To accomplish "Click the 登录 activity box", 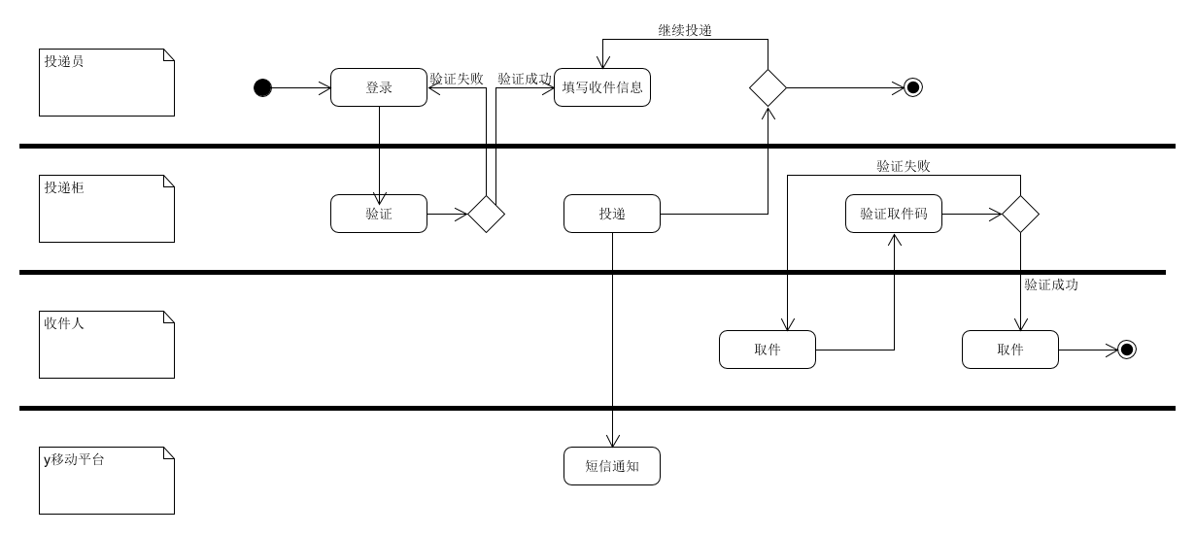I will click(x=379, y=87).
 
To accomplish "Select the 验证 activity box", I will click(x=379, y=214).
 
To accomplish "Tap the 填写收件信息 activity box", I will click(x=602, y=87).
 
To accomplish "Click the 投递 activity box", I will click(x=612, y=214).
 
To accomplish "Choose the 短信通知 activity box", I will click(x=612, y=466).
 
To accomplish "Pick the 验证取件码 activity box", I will click(x=894, y=214).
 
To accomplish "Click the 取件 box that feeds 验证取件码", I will click(x=768, y=350).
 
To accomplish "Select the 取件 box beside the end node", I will click(x=1010, y=350).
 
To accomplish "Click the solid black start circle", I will click(x=262, y=88).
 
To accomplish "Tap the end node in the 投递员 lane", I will click(x=912, y=88).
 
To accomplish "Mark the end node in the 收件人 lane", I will click(x=1126, y=350).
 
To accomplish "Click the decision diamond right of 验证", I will click(x=486, y=214).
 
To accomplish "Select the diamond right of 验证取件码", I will click(x=1020, y=214).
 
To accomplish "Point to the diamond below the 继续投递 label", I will click(x=768, y=87).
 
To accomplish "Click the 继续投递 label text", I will click(x=685, y=30).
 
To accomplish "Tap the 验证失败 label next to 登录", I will click(x=457, y=79).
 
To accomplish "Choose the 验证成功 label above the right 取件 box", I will click(x=1050, y=285).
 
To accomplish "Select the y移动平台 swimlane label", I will click(x=74, y=459).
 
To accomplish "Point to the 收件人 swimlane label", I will click(x=64, y=323).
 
